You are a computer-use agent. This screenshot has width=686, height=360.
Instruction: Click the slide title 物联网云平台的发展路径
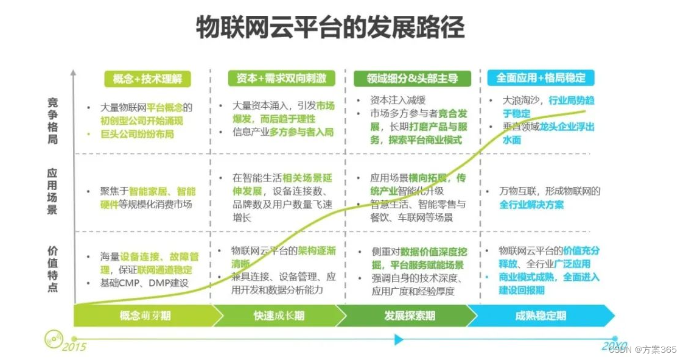[x=330, y=27]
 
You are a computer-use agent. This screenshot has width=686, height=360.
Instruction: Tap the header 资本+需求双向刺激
[x=277, y=78]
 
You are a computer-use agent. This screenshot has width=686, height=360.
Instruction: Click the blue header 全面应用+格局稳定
[x=541, y=78]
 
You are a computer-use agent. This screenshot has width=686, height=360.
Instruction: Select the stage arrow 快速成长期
[x=279, y=316]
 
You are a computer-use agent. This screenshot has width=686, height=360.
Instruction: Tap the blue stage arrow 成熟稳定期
[x=541, y=316]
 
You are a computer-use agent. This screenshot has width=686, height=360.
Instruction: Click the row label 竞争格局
[x=53, y=121]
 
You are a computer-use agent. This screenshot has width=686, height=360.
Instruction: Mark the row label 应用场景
[x=53, y=191]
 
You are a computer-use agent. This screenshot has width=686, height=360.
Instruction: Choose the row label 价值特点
[x=53, y=269]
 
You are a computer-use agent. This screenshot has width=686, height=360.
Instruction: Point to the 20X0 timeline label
[x=614, y=345]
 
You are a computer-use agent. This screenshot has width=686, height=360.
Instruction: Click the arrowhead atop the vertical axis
[x=73, y=73]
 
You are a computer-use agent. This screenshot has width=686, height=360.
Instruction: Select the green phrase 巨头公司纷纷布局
[x=137, y=134]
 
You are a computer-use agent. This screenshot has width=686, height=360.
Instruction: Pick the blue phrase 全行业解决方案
[x=531, y=205]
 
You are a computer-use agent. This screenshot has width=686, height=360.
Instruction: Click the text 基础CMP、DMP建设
[x=144, y=283]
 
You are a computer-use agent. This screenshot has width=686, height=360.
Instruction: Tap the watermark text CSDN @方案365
[x=643, y=349]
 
